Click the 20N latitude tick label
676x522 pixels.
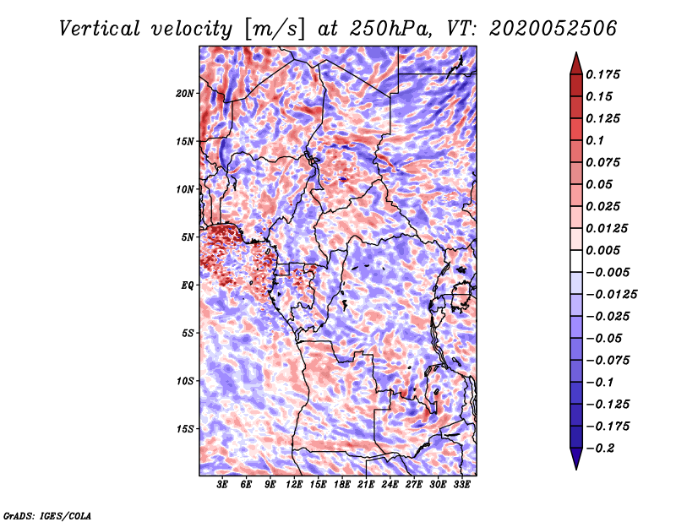coord(185,94)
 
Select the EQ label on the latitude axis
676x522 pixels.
coord(188,285)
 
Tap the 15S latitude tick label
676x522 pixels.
coord(185,429)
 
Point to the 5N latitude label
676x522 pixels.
coord(188,237)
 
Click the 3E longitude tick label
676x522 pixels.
coord(222,485)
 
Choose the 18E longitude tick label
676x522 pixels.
coord(341,485)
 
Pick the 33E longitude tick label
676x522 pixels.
coord(461,485)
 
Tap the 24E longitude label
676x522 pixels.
coord(390,485)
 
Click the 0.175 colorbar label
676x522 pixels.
coord(602,74)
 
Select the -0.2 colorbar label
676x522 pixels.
coord(600,449)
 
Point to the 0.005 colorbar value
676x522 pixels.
coord(602,250)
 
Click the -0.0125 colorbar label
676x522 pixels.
coord(611,295)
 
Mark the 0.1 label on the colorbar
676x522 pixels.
coord(595,140)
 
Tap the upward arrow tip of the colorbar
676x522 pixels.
coord(576,52)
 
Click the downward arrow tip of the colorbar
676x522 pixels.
coord(576,470)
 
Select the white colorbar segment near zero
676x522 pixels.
coord(576,261)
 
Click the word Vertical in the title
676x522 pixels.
coord(100,29)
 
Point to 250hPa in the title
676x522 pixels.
coord(390,29)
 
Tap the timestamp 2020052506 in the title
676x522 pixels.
coord(553,29)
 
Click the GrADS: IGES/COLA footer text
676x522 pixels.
coord(47,516)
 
